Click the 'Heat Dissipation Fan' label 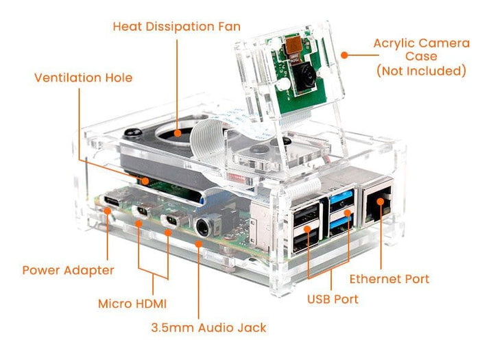(176, 27)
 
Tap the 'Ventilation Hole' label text (83, 77)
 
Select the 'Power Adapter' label (68, 269)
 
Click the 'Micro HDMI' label (132, 302)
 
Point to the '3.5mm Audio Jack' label (208, 327)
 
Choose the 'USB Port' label (332, 299)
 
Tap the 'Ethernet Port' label (389, 278)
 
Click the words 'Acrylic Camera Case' (420, 50)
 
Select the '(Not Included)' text (421, 70)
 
